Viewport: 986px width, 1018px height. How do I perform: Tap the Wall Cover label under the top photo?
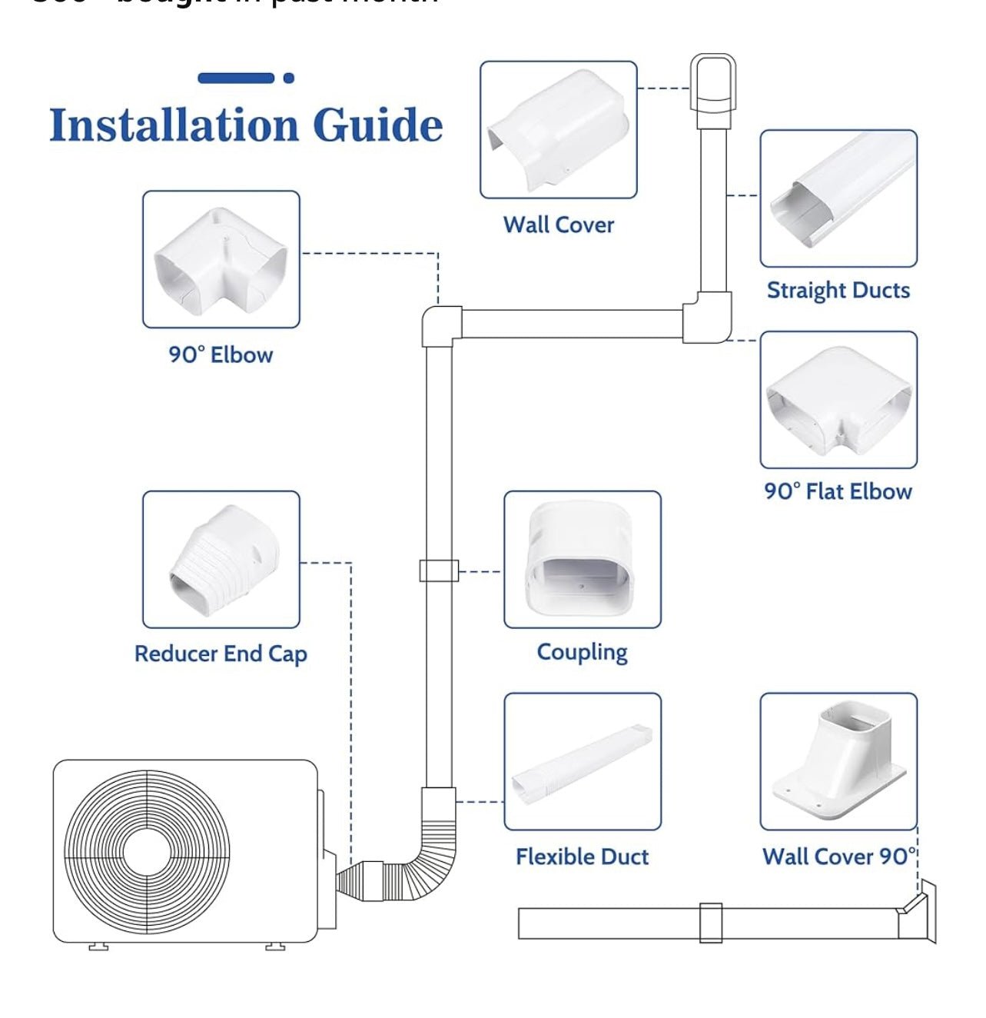pyautogui.click(x=559, y=225)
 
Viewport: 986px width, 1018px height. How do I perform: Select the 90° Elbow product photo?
pyautogui.click(x=221, y=260)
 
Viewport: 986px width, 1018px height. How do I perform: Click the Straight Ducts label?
pyautogui.click(x=838, y=291)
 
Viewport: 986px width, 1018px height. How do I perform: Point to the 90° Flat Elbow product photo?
pyautogui.click(x=838, y=400)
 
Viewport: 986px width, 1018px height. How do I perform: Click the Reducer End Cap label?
pyautogui.click(x=221, y=654)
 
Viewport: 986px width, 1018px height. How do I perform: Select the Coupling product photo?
pyautogui.click(x=583, y=560)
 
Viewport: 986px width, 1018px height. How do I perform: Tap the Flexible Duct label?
pyautogui.click(x=583, y=857)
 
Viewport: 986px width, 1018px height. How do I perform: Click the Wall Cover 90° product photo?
pyautogui.click(x=838, y=761)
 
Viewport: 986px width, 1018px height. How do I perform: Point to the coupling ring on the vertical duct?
pyautogui.click(x=439, y=571)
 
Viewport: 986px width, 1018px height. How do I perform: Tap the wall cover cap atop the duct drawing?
pyautogui.click(x=712, y=88)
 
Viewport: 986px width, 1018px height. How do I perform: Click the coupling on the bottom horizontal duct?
pyautogui.click(x=711, y=923)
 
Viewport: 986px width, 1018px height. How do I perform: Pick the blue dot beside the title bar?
pyautogui.click(x=289, y=78)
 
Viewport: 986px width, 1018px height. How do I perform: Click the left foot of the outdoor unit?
pyautogui.click(x=98, y=946)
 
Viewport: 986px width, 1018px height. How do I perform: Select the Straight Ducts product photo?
pyautogui.click(x=838, y=198)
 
